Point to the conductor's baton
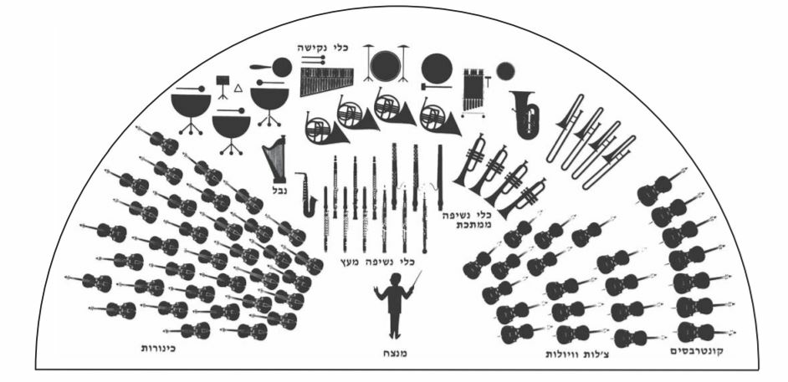[x=417, y=278]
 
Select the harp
[x=275, y=159]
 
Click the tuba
[x=524, y=115]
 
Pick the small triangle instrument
[x=238, y=89]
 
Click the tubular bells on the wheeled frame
[x=473, y=93]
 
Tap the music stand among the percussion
[x=223, y=86]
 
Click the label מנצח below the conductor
[x=395, y=354]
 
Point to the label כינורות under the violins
[x=157, y=348]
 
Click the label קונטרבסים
[x=697, y=351]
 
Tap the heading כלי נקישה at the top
[x=321, y=48]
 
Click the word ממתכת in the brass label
[x=473, y=225]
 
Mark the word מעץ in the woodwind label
[x=350, y=261]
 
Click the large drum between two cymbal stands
[x=386, y=66]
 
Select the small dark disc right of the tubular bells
[x=505, y=71]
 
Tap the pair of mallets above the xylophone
[x=313, y=59]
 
